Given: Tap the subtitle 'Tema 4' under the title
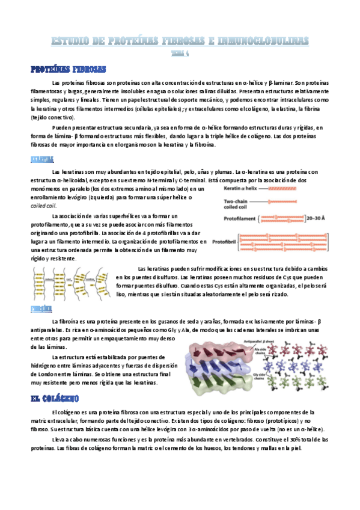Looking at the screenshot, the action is [180, 52].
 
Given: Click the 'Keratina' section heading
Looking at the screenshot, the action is [42, 160].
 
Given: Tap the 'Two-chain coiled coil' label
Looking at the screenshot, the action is [237, 203].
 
